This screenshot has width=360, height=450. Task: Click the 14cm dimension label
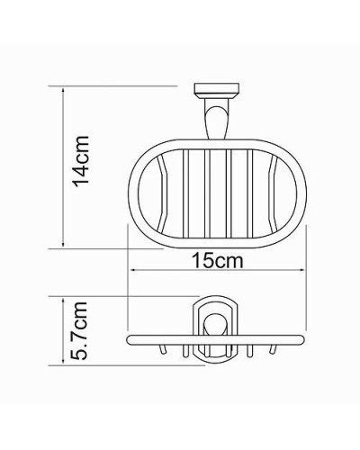click(81, 161)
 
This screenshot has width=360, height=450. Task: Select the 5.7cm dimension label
click(80, 331)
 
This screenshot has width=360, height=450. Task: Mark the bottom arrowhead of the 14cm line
click(63, 244)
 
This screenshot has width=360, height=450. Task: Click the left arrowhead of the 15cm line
click(132, 271)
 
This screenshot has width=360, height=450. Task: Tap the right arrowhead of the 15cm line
click(306, 271)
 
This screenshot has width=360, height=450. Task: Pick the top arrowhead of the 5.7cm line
click(63, 297)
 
